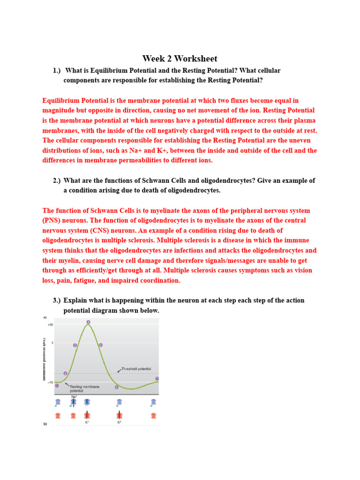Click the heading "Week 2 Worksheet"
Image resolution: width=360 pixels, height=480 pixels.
[x=180, y=59]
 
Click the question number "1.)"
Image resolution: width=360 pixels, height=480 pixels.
[x=57, y=70]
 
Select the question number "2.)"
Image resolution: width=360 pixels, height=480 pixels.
[x=57, y=180]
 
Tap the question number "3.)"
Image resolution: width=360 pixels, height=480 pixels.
[x=57, y=300]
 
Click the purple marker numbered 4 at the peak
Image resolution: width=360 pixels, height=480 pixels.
[x=88, y=322]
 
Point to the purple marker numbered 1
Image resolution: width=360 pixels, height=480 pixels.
[x=57, y=385]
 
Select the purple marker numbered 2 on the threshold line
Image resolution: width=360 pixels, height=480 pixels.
[x=66, y=374]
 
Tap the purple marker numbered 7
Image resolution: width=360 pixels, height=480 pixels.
[x=157, y=378]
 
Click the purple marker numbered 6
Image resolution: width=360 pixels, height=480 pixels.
[x=117, y=387]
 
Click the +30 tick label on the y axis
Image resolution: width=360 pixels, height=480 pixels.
[x=50, y=324]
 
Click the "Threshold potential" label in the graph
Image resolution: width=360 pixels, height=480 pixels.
[x=136, y=369]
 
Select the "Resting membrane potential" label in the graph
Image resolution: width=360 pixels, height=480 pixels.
[x=84, y=389]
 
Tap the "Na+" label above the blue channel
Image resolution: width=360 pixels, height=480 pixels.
[x=74, y=397]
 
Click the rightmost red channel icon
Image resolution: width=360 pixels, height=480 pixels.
[x=153, y=415]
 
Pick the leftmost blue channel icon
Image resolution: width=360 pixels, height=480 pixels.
[x=58, y=402]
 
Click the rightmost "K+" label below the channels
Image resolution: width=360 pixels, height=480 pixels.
[x=120, y=422]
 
